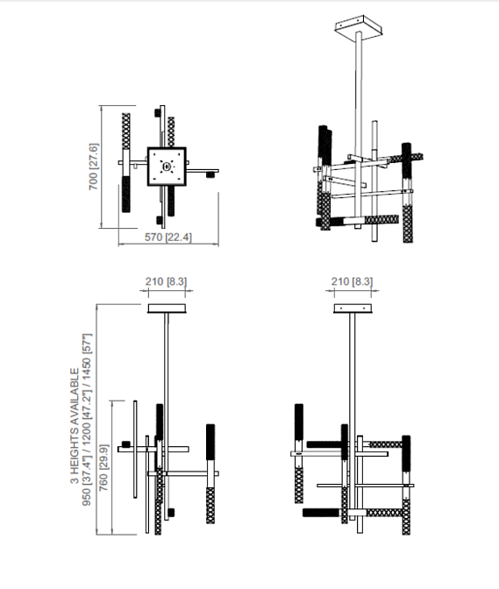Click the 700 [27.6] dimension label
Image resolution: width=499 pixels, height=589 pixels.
click(94, 167)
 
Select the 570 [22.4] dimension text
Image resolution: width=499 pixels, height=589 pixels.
click(168, 238)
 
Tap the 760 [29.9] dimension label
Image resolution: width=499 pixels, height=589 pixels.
click(103, 468)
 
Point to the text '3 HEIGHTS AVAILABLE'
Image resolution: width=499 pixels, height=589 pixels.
click(75, 426)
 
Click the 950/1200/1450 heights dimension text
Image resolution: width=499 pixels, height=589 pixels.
click(87, 419)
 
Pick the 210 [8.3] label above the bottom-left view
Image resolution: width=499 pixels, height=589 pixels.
click(166, 281)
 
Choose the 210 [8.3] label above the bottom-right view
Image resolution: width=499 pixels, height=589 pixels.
click(352, 281)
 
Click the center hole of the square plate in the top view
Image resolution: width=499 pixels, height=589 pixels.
click(167, 166)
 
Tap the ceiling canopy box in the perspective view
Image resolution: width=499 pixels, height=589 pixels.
click(359, 27)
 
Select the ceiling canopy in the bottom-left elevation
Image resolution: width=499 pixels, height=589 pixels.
click(167, 309)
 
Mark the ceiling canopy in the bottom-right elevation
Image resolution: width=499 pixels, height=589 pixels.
click(353, 309)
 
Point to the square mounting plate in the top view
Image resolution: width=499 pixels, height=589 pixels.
click(167, 167)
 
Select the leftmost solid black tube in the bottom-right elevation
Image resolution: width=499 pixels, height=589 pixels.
click(299, 422)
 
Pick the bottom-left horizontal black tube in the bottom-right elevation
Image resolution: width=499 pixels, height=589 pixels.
click(322, 513)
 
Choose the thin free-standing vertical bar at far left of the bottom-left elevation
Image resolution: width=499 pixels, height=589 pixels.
click(135, 450)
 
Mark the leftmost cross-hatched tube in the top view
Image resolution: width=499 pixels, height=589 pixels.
click(126, 131)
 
